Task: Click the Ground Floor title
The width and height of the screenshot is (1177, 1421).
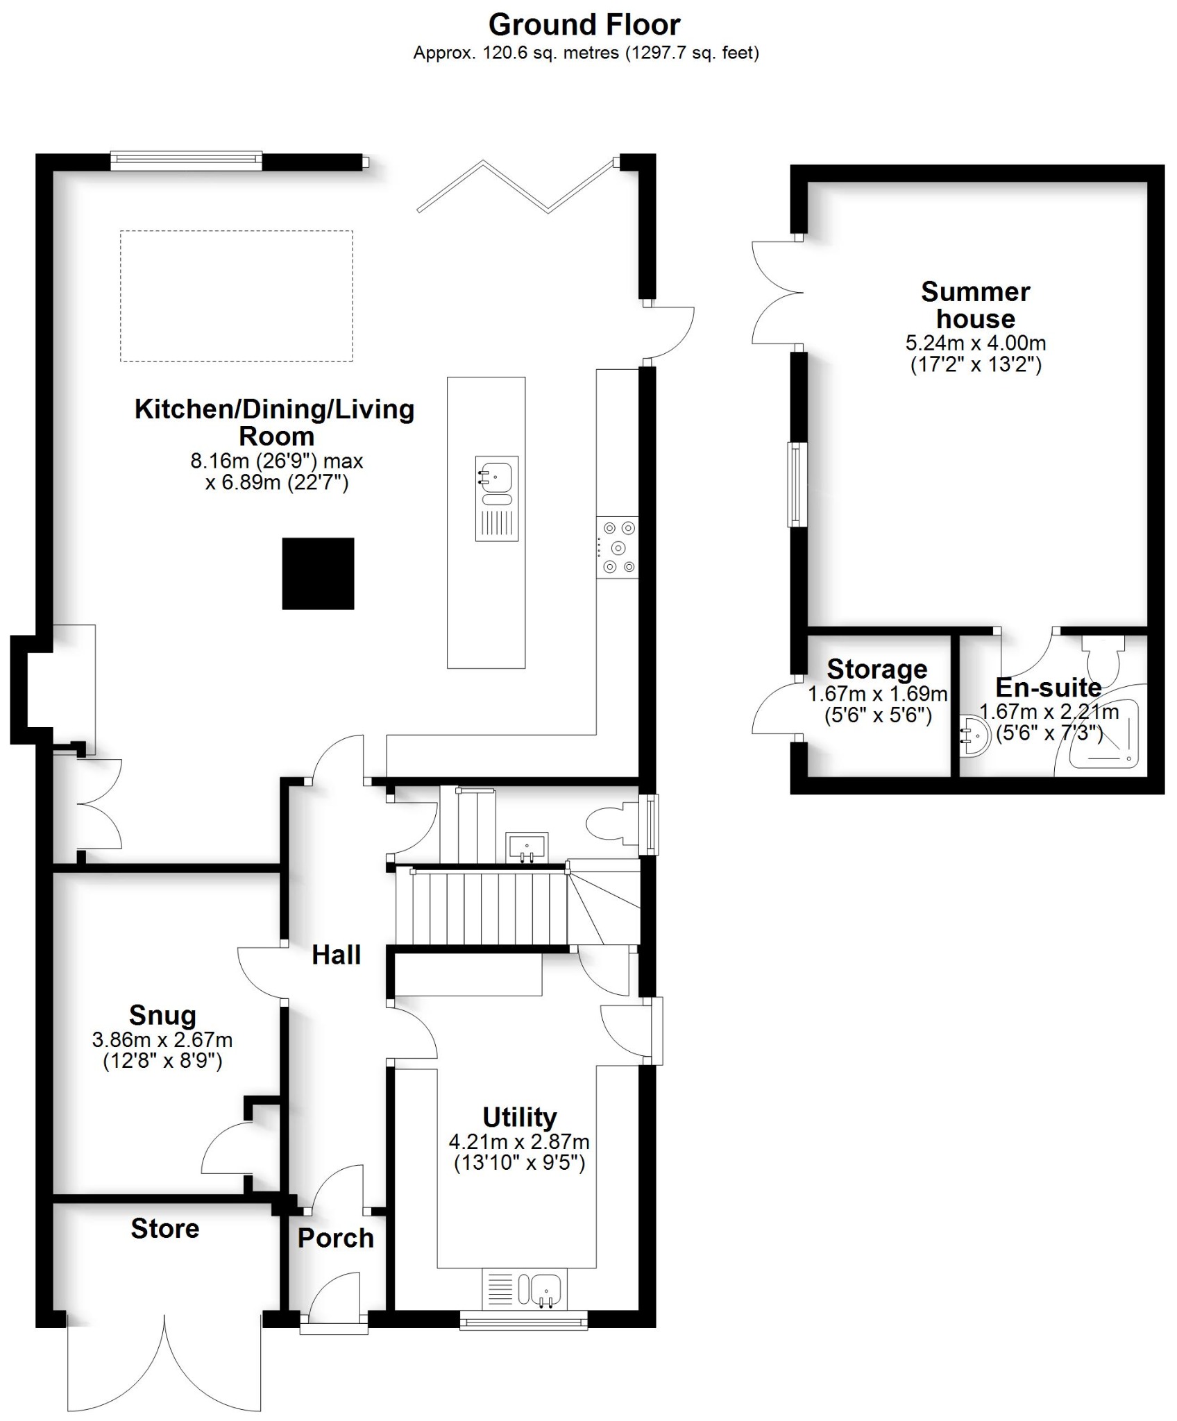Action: click(584, 25)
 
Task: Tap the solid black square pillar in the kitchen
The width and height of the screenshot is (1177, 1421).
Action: click(318, 574)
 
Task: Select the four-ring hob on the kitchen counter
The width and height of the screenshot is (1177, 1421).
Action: click(617, 547)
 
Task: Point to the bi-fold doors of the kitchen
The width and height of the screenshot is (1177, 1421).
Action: click(517, 186)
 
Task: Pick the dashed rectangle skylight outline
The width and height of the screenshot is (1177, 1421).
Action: click(236, 296)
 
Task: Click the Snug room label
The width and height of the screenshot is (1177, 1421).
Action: click(162, 1015)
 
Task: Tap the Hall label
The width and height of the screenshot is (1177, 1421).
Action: click(336, 955)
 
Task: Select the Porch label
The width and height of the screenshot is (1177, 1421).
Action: click(335, 1238)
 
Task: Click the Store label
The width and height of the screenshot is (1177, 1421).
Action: click(165, 1228)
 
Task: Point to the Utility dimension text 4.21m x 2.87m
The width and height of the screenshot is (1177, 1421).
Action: click(519, 1141)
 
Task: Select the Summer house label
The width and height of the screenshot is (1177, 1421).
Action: click(975, 305)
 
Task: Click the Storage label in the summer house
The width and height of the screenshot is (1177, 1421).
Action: click(877, 669)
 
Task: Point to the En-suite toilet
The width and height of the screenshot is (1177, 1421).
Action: click(1103, 655)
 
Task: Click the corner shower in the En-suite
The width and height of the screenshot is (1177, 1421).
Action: click(1103, 735)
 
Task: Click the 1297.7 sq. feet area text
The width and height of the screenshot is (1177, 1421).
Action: click(693, 53)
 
